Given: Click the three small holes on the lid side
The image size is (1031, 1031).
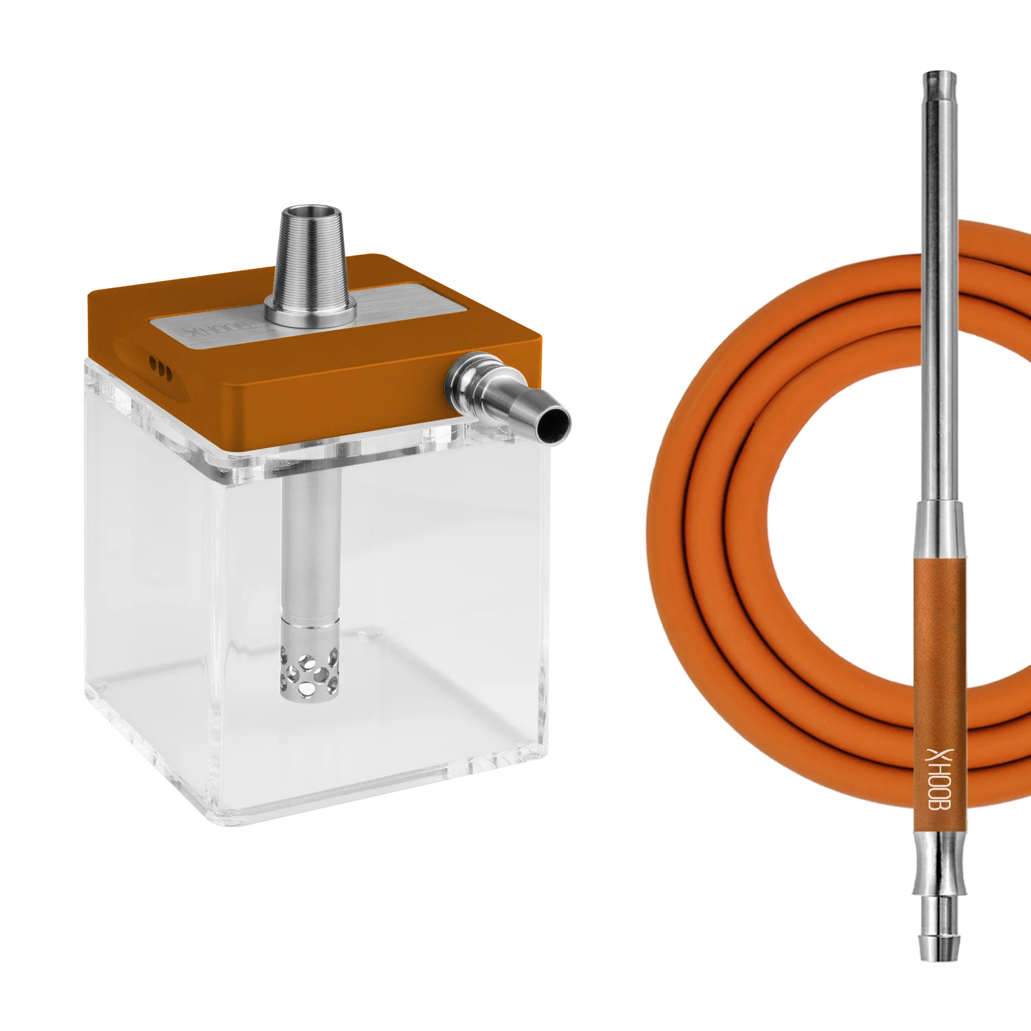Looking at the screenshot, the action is tap(160, 369).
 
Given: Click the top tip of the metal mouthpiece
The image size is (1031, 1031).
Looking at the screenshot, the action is tap(940, 73).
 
